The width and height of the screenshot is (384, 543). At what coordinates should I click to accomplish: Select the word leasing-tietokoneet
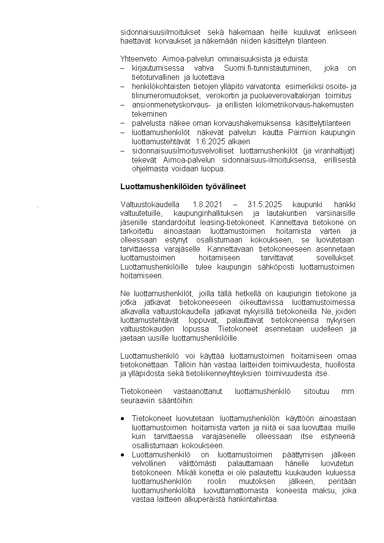[233, 223]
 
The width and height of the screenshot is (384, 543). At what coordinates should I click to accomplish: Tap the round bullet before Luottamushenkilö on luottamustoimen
[123, 454]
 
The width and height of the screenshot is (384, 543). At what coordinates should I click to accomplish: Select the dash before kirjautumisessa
[122, 68]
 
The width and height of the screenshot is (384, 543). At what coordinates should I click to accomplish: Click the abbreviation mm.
[348, 391]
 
